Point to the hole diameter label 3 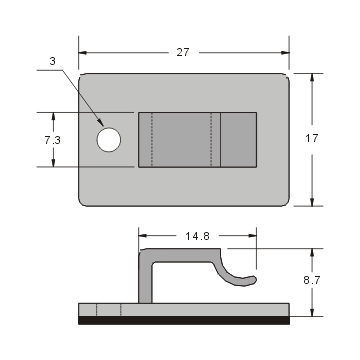(52, 61)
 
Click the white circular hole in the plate (107, 140)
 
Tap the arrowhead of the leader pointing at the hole (100, 130)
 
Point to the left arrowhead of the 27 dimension (83, 52)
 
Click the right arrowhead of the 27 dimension (285, 52)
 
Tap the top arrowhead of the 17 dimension (315, 78)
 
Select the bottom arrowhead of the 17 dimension (315, 202)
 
